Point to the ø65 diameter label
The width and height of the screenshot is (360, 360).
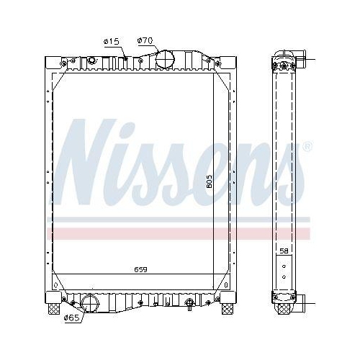pos(71,318)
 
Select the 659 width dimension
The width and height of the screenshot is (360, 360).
pos(141,270)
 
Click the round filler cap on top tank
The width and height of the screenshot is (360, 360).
pos(165,58)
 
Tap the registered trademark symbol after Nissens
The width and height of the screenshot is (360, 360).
pos(308,147)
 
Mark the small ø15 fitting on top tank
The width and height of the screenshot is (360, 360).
pos(125,58)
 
